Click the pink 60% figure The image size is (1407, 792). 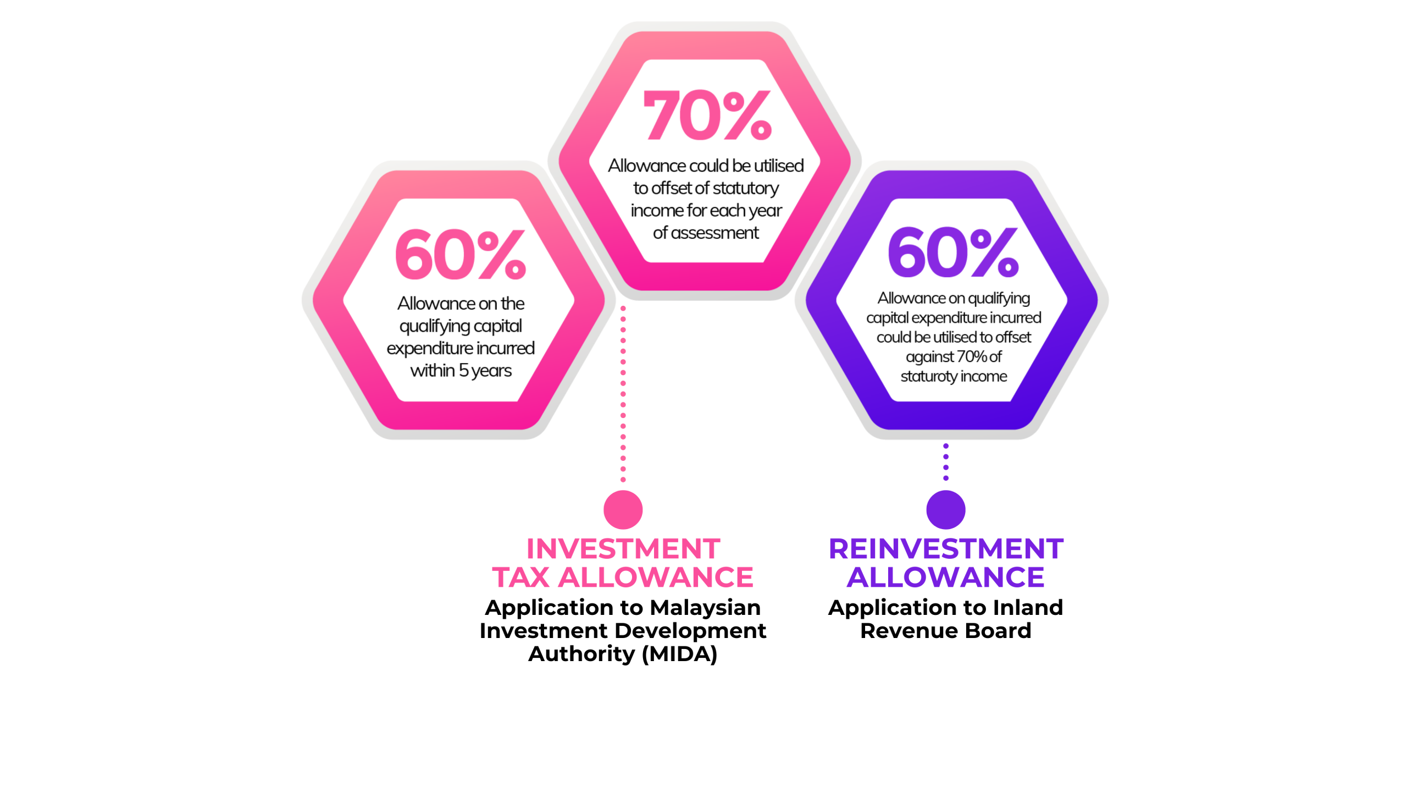coord(461,254)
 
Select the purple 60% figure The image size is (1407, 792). coord(953,252)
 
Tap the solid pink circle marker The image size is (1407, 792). coord(623,510)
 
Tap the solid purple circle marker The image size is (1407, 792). coord(945,510)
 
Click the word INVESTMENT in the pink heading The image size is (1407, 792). coord(623,549)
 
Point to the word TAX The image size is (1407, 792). coord(521,577)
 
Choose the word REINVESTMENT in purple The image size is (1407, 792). coord(946,549)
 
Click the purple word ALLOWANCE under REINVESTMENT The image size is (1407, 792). coord(945,577)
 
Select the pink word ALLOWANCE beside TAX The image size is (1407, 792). coord(656,577)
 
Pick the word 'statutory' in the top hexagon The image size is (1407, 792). coord(745,189)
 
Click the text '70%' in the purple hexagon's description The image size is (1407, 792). coord(972,357)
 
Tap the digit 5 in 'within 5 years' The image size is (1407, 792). coord(463,371)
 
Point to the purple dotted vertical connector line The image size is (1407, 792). coord(945,462)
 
